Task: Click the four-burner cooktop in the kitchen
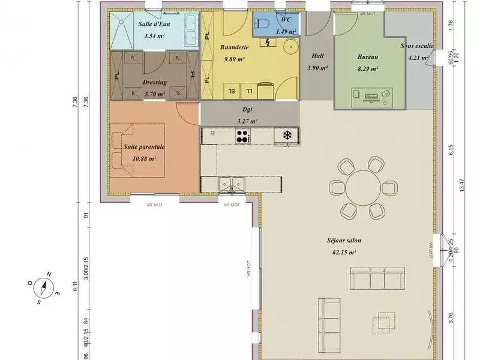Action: [x=242, y=137]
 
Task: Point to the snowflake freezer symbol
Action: [x=287, y=136]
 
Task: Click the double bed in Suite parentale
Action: [x=137, y=150]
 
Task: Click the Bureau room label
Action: [x=367, y=57]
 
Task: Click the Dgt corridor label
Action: [x=247, y=109]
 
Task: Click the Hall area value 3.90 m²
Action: [x=317, y=68]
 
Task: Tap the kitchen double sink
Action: [x=232, y=183]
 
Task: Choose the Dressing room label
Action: [x=155, y=82]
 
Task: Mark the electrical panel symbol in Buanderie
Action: [x=268, y=42]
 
